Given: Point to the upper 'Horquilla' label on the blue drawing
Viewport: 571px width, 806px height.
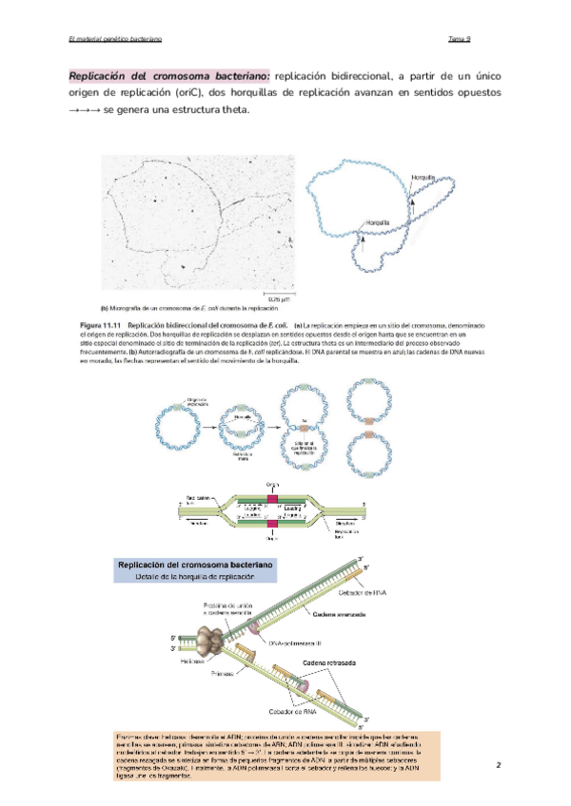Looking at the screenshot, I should point(423,178).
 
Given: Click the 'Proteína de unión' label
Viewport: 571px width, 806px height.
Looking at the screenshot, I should point(226,604).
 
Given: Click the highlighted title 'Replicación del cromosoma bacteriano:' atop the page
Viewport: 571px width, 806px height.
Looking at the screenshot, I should point(169,74).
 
